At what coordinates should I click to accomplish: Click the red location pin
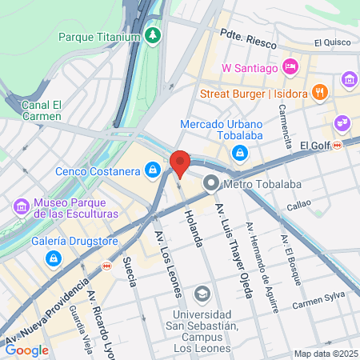click(180, 164)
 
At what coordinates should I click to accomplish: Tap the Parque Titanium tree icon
click(153, 35)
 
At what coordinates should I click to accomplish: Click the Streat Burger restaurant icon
click(319, 91)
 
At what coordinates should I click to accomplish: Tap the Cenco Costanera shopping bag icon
click(152, 170)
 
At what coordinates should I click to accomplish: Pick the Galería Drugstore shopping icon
click(53, 258)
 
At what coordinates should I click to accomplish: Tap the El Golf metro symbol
click(338, 145)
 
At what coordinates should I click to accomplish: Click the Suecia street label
click(130, 272)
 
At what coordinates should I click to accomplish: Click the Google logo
click(26, 350)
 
